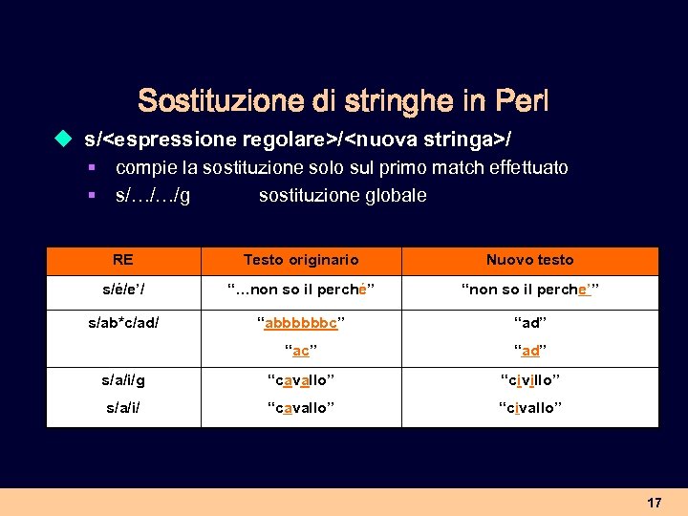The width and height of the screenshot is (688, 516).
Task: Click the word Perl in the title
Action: (522, 100)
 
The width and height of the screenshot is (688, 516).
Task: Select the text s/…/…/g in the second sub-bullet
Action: (152, 196)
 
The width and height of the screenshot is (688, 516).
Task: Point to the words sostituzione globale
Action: (342, 196)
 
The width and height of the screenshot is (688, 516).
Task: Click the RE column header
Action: (122, 259)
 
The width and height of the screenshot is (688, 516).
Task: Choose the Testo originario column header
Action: (300, 260)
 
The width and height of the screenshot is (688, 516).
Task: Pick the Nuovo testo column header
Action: (529, 260)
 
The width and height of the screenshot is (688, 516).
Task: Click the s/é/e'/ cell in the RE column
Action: (122, 290)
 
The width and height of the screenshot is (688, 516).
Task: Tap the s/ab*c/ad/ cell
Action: (122, 323)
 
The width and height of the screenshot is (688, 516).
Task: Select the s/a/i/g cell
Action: (122, 380)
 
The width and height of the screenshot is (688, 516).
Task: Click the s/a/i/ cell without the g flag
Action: (122, 408)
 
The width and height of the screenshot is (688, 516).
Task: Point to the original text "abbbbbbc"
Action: (300, 323)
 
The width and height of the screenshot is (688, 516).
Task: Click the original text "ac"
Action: (300, 351)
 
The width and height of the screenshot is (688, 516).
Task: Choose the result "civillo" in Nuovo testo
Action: (529, 380)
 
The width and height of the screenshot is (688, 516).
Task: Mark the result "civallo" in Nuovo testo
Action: (529, 408)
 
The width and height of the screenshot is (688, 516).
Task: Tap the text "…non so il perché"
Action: (300, 290)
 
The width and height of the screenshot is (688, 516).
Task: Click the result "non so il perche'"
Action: (529, 290)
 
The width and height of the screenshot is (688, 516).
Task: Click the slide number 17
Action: (654, 503)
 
